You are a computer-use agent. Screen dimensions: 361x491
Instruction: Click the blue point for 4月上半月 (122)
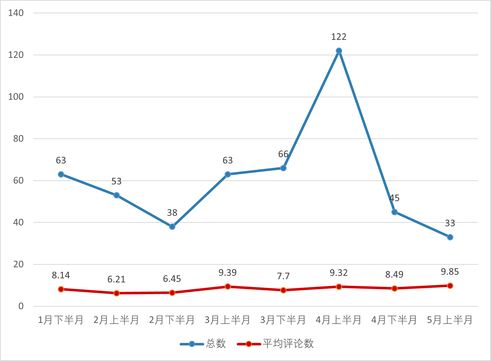pyautogui.click(x=339, y=51)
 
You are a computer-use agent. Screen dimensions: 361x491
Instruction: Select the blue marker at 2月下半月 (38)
pyautogui.click(x=172, y=227)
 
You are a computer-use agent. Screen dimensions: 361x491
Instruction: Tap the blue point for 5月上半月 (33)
pyautogui.click(x=450, y=237)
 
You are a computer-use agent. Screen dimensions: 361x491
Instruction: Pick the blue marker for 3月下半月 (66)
pyautogui.click(x=283, y=168)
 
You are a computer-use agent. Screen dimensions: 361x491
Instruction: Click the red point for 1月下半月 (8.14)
pyautogui.click(x=61, y=289)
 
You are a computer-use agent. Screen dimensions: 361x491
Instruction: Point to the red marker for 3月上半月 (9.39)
pyautogui.click(x=228, y=286)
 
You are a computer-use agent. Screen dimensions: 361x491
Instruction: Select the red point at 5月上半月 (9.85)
pyautogui.click(x=450, y=286)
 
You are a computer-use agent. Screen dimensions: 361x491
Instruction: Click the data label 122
pyautogui.click(x=339, y=37)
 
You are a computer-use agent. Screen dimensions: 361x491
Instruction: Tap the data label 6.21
pyautogui.click(x=116, y=279)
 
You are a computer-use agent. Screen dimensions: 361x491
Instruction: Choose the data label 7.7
pyautogui.click(x=283, y=276)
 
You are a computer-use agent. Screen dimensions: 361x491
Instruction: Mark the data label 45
pyautogui.click(x=394, y=198)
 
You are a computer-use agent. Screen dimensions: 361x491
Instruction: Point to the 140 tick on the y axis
pyautogui.click(x=16, y=13)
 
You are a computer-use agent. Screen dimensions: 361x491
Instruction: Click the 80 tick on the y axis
pyautogui.click(x=18, y=139)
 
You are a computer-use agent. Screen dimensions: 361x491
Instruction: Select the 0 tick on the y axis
pyautogui.click(x=21, y=306)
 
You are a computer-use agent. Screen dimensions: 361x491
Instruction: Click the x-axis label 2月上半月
pyautogui.click(x=116, y=320)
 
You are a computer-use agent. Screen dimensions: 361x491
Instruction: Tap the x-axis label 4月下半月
pyautogui.click(x=394, y=320)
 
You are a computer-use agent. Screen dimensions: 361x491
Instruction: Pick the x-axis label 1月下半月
pyautogui.click(x=61, y=320)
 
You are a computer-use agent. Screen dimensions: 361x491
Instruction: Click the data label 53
pyautogui.click(x=116, y=181)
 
